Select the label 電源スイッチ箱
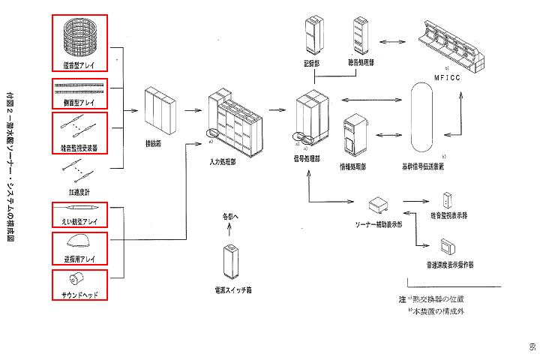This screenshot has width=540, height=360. (x=231, y=289)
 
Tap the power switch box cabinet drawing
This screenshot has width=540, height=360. (x=231, y=261)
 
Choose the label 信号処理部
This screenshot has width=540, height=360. (x=307, y=159)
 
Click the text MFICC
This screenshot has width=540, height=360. (x=451, y=76)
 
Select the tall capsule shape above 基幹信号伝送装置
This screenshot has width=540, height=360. (x=424, y=119)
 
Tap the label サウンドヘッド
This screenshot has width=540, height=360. (x=80, y=295)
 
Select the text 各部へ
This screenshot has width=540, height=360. (x=231, y=217)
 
